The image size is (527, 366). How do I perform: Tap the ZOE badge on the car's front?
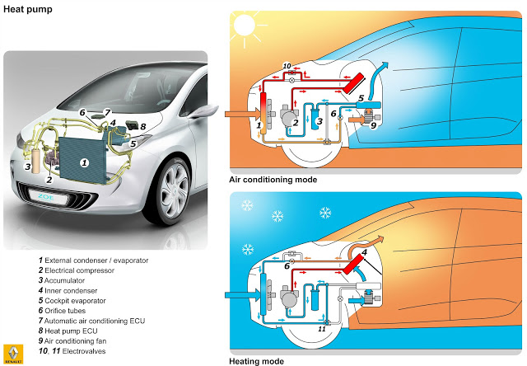(52, 197)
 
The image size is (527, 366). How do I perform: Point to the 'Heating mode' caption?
(255, 360)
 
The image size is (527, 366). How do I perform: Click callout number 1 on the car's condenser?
(83, 164)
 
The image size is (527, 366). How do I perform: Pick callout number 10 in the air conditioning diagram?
(287, 65)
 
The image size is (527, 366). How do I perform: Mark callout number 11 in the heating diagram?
(322, 329)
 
